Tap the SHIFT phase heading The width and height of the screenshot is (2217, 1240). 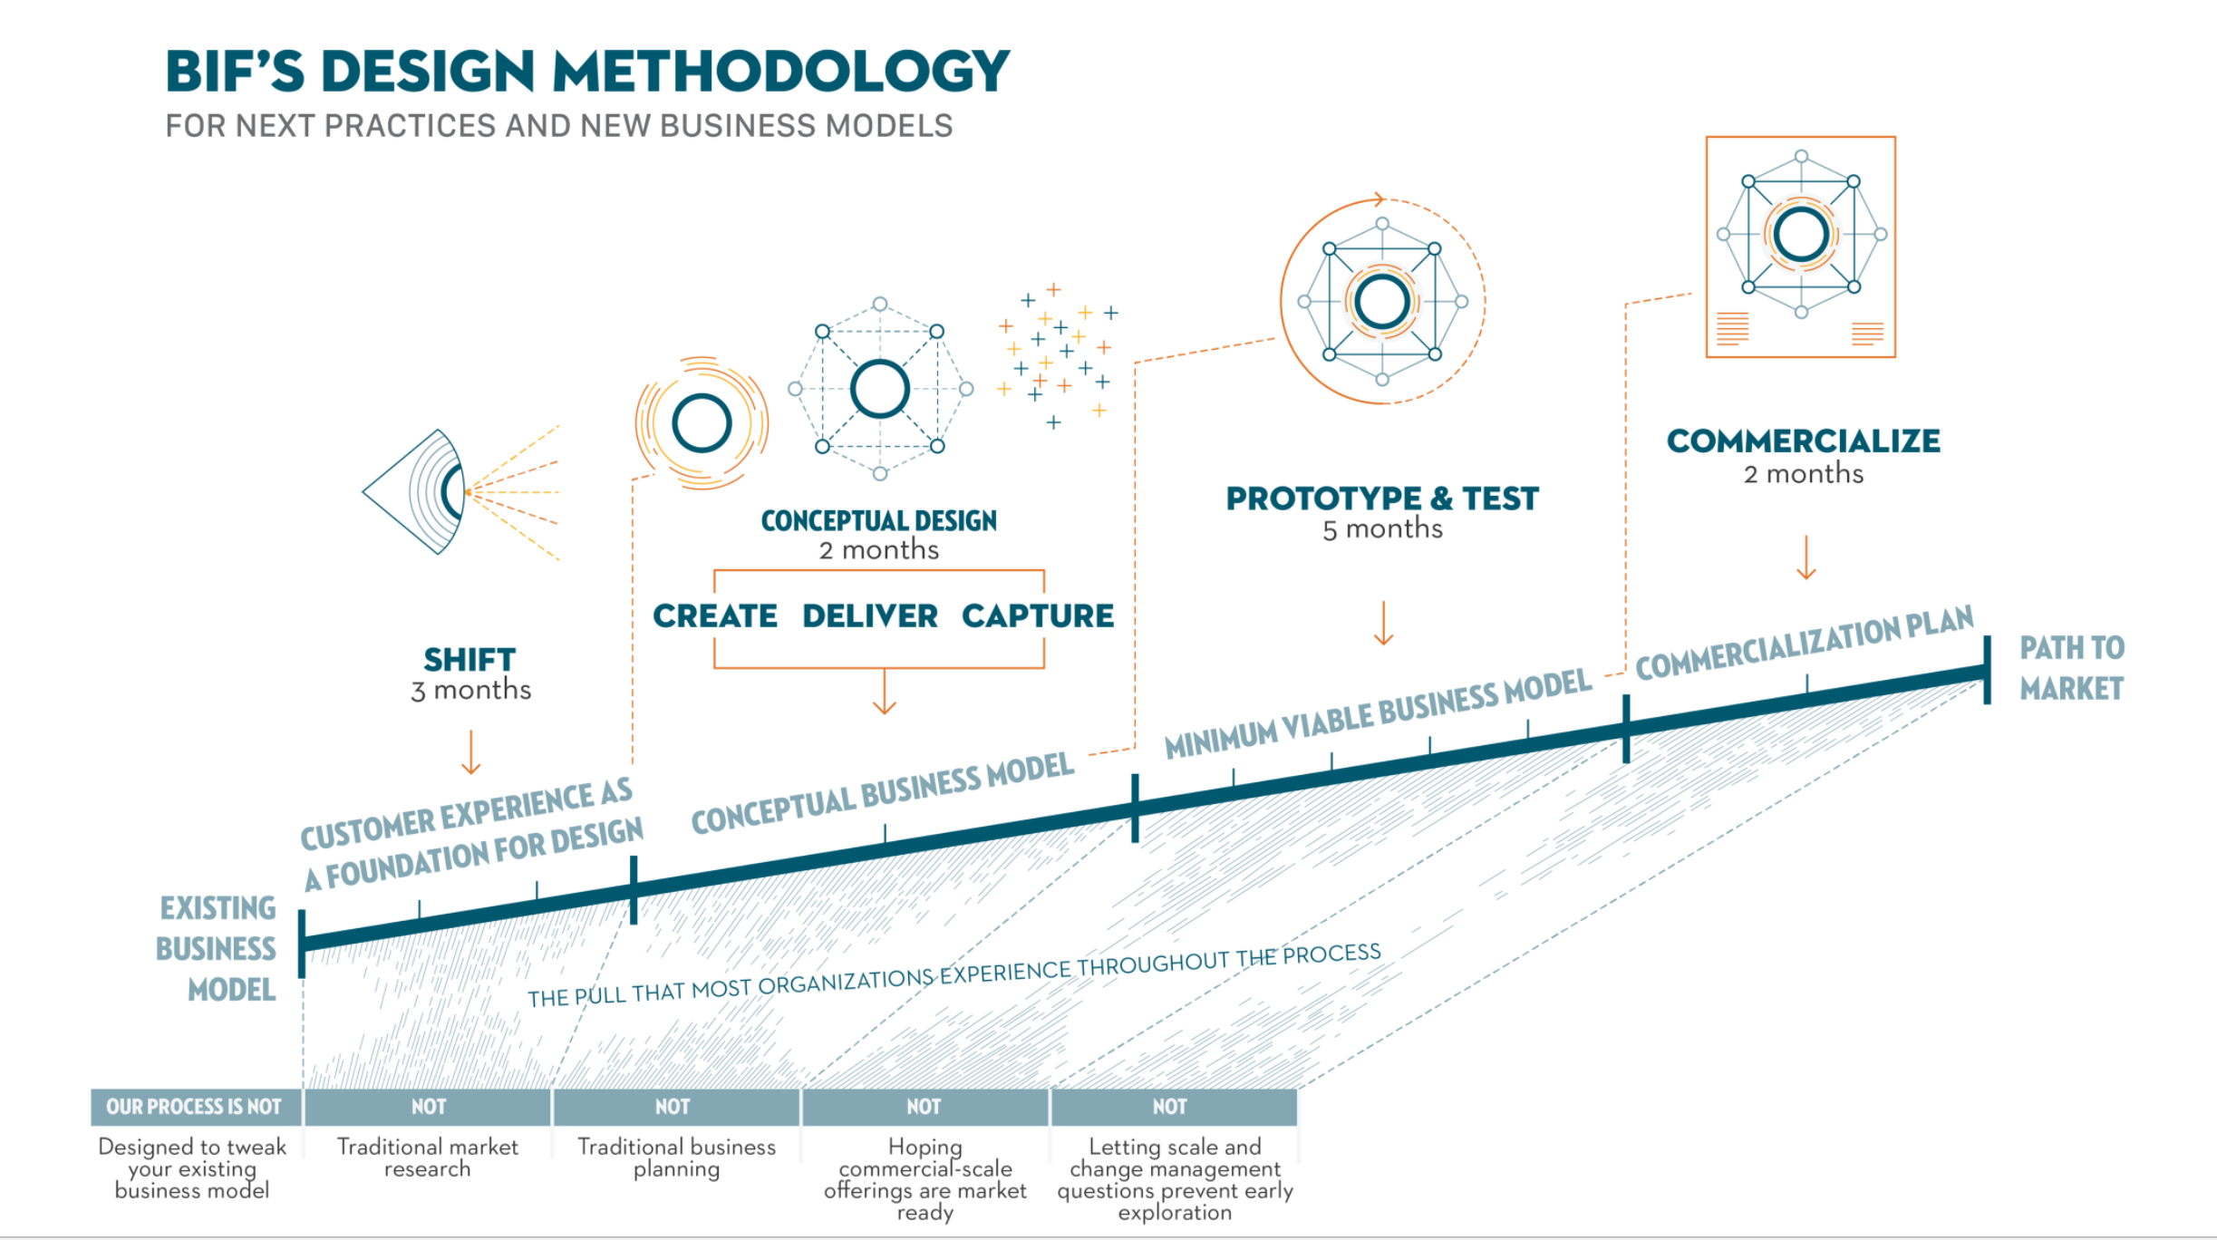click(470, 659)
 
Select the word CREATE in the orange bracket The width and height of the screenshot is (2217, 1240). click(715, 616)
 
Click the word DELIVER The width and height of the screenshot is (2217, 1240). click(869, 616)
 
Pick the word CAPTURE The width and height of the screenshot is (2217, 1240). click(1038, 616)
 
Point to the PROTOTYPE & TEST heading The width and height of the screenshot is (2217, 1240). click(1382, 499)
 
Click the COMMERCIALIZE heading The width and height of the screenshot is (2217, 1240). click(1804, 441)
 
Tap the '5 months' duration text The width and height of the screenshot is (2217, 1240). click(1382, 529)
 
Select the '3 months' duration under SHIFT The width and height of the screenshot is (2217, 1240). click(470, 691)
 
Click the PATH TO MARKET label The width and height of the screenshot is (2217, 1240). click(2072, 668)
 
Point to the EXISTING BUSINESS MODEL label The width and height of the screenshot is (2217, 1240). click(218, 948)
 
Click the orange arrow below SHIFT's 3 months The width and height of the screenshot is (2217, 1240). click(470, 752)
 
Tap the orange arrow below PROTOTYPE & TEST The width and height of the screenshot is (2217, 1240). click(1383, 623)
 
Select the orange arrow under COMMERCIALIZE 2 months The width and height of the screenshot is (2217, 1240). click(1806, 557)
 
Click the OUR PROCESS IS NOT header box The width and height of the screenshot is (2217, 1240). click(195, 1107)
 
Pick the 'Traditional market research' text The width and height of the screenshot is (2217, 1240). click(428, 1158)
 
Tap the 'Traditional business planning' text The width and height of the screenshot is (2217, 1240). click(677, 1158)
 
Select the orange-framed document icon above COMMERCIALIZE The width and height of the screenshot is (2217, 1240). click(1801, 247)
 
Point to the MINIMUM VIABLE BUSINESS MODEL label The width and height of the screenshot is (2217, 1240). click(1378, 713)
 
